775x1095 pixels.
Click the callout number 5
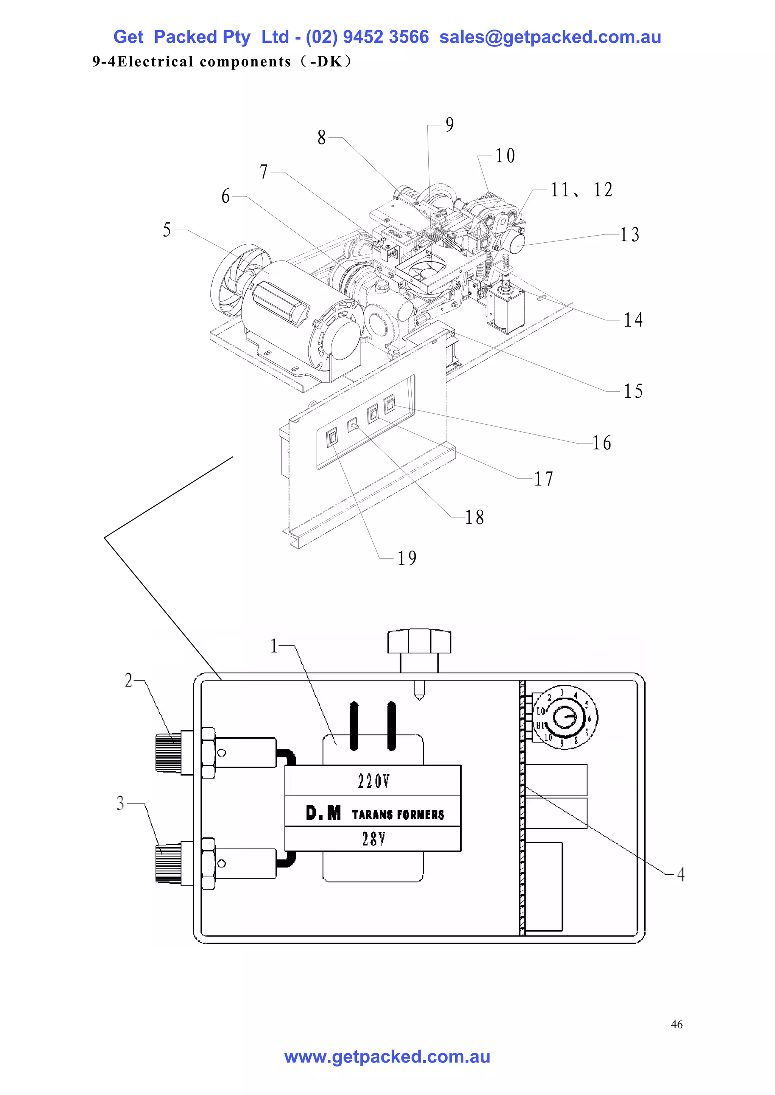(x=167, y=230)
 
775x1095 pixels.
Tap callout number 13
(x=629, y=235)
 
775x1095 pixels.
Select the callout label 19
(x=407, y=558)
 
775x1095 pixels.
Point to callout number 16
(x=602, y=443)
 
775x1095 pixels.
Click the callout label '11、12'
(x=581, y=190)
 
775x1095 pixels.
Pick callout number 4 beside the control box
(x=681, y=874)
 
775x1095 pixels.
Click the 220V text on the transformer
(x=373, y=781)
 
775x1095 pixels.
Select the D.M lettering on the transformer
(x=324, y=813)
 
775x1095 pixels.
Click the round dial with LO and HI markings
(x=565, y=717)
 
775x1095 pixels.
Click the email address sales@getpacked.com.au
(x=550, y=37)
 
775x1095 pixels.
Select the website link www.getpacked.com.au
(x=387, y=1057)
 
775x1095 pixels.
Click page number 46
(x=676, y=1024)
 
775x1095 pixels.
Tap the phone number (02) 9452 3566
(x=367, y=37)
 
